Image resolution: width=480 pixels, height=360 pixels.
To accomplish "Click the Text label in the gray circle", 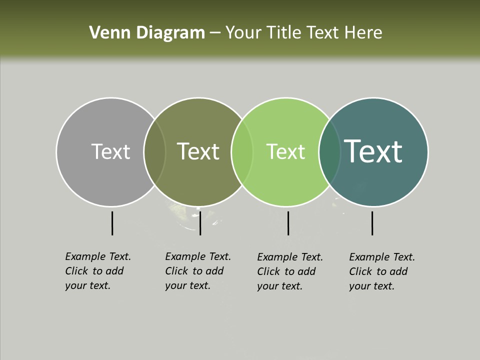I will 110,151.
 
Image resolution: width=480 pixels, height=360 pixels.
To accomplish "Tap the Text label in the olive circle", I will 198,151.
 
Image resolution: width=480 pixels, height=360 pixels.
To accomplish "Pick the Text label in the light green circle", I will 285,151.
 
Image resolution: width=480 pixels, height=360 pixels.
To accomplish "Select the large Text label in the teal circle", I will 373,151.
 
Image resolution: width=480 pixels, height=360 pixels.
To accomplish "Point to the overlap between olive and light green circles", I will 242,151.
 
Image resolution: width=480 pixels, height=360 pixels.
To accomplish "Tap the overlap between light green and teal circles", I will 329,151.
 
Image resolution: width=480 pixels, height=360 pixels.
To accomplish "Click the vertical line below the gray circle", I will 112,223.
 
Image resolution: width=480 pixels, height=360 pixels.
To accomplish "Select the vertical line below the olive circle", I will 200,223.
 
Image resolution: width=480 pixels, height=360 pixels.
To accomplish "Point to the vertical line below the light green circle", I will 288,223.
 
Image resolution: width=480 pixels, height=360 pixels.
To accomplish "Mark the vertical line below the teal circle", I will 372,223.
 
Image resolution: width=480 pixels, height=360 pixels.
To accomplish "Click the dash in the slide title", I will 214,33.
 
